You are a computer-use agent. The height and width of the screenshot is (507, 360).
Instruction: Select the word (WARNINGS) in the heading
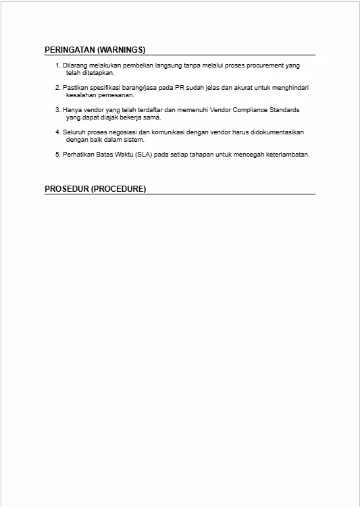122,50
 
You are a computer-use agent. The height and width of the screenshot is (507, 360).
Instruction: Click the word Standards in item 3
284,109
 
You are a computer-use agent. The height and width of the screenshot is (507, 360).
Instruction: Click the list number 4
57,132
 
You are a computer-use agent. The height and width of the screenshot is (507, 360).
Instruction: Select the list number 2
57,88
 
